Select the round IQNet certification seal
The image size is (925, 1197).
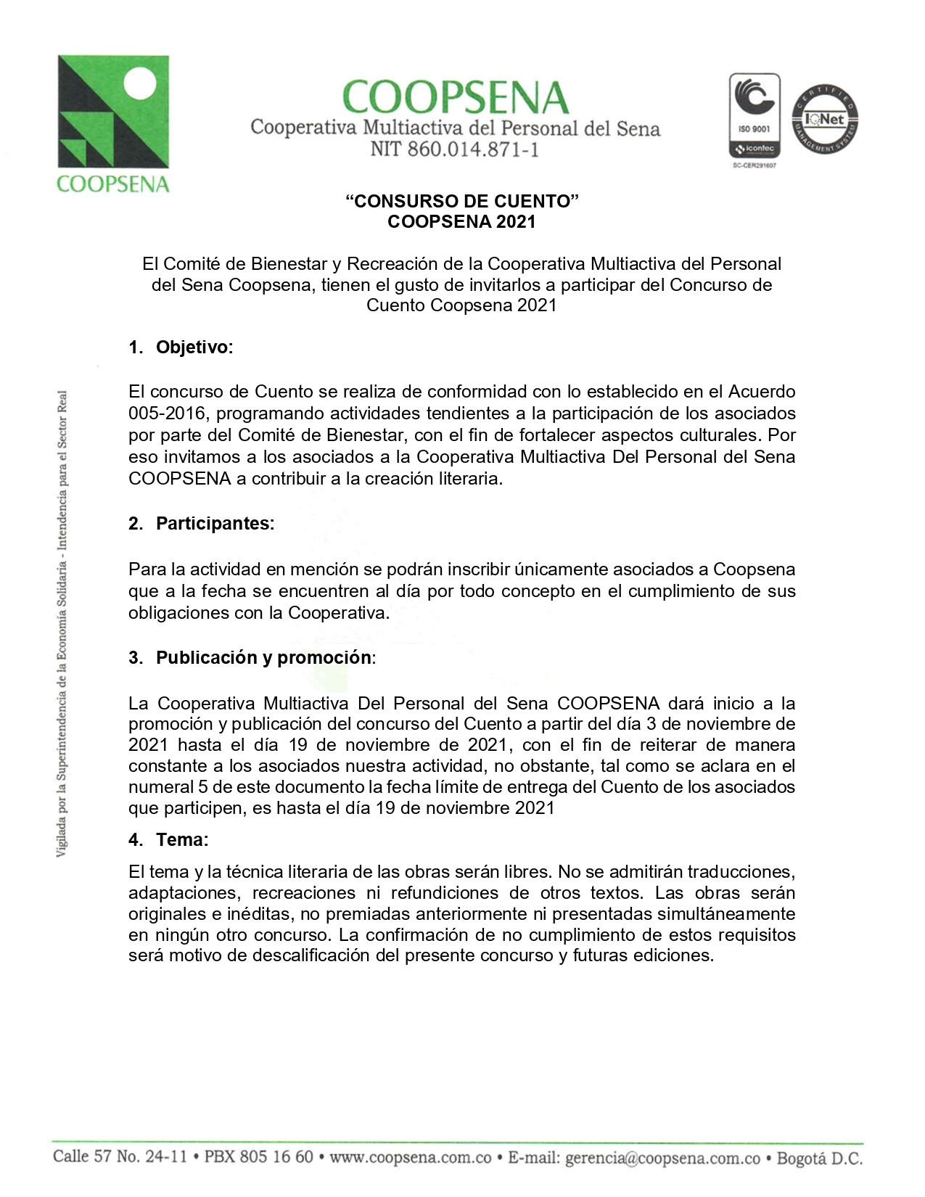point(824,119)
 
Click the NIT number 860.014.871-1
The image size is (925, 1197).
point(454,150)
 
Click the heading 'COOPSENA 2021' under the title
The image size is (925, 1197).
point(461,221)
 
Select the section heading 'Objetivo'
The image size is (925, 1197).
point(194,347)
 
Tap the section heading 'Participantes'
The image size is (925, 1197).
point(215,524)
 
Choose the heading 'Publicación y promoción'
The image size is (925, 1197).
point(264,658)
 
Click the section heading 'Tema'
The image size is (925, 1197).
point(181,840)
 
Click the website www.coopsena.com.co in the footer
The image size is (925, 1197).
point(411,1156)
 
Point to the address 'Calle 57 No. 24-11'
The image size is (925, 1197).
point(118,1156)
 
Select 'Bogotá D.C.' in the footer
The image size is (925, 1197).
point(818,1159)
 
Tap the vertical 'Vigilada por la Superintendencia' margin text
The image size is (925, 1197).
point(62,624)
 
